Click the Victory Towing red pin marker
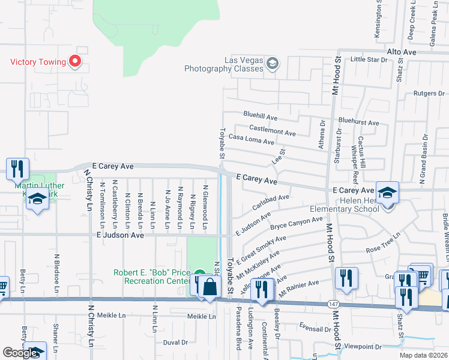pos(75,61)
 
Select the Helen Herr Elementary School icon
pos(387,192)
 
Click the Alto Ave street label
pos(402,53)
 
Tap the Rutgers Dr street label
pos(429,94)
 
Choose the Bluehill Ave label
pos(260,114)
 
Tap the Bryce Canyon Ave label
pos(297,224)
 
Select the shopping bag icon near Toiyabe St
pos(209,287)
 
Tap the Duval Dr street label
pos(175,343)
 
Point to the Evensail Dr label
pos(315,329)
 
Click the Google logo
pos(20,353)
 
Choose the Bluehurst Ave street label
pos(359,122)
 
